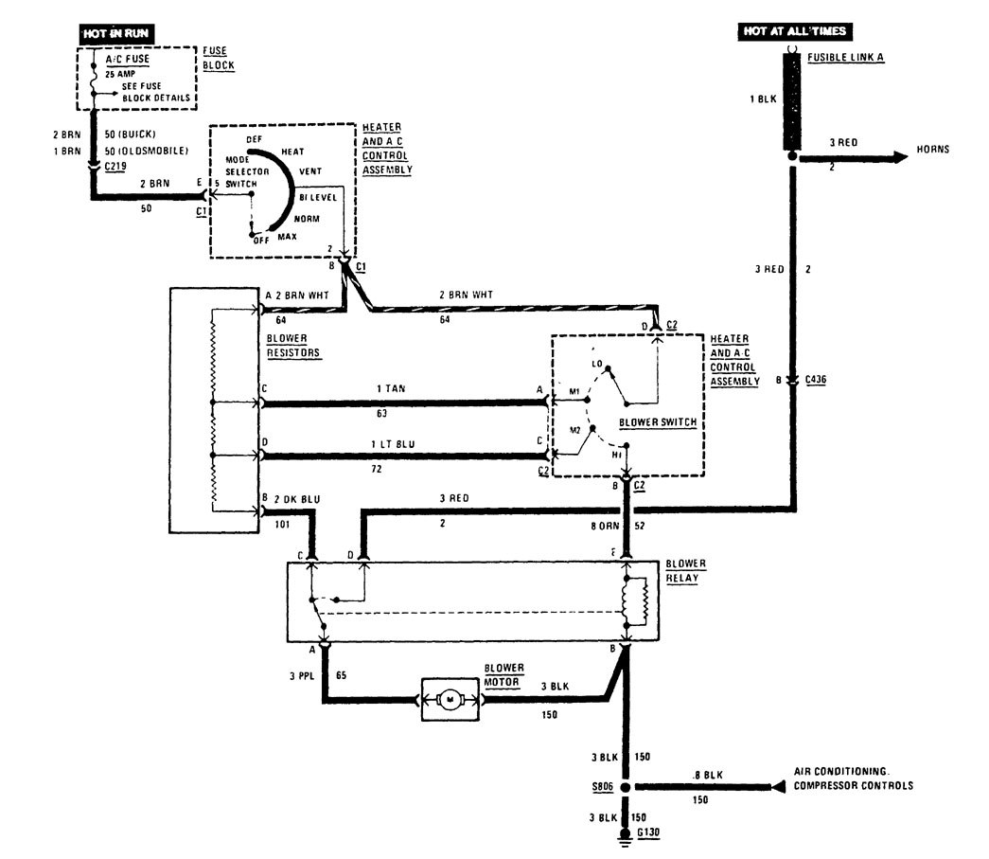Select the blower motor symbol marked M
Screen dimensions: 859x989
(450, 699)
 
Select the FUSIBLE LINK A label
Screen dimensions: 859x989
(846, 58)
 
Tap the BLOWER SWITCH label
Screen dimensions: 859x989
(657, 423)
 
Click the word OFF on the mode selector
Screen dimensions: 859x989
(261, 240)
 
